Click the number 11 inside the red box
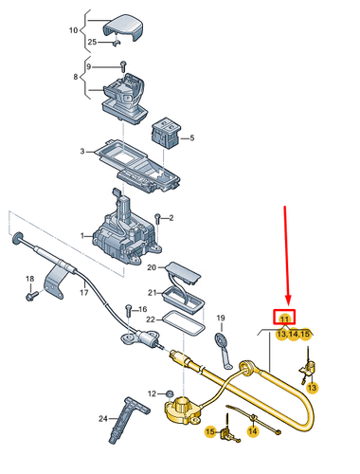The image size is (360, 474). point(284,319)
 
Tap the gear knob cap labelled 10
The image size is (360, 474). point(121,27)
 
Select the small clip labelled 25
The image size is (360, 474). point(117,42)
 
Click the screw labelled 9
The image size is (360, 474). point(123,66)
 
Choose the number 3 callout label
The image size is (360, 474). point(82,152)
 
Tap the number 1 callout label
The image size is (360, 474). point(82,236)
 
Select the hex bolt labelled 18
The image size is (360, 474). point(31,296)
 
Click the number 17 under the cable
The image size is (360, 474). point(83,293)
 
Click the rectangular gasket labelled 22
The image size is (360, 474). point(184,323)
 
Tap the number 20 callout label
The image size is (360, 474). point(152,267)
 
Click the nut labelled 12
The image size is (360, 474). point(170,393)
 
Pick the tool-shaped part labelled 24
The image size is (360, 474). point(128,419)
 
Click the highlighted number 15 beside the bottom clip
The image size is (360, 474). point(210,431)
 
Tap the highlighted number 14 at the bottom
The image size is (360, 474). point(253,431)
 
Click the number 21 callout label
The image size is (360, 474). point(153,293)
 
